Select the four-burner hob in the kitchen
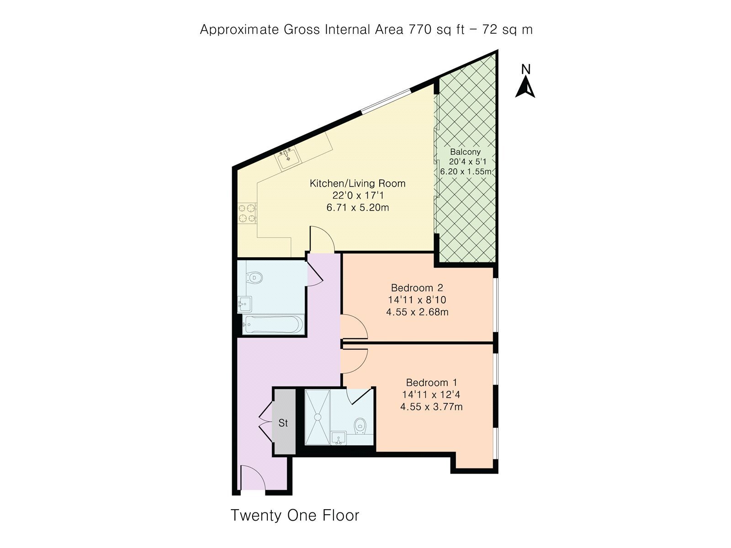(x=247, y=213)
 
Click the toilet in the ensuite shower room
(x=360, y=426)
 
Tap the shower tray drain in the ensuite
(x=318, y=417)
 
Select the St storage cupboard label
(x=283, y=423)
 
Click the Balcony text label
(x=465, y=152)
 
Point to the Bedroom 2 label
(x=417, y=288)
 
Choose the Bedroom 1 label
(x=432, y=382)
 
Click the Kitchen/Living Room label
(x=358, y=183)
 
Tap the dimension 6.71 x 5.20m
(x=358, y=208)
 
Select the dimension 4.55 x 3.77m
(x=432, y=406)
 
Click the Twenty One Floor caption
(x=295, y=516)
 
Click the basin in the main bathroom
(x=245, y=304)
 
